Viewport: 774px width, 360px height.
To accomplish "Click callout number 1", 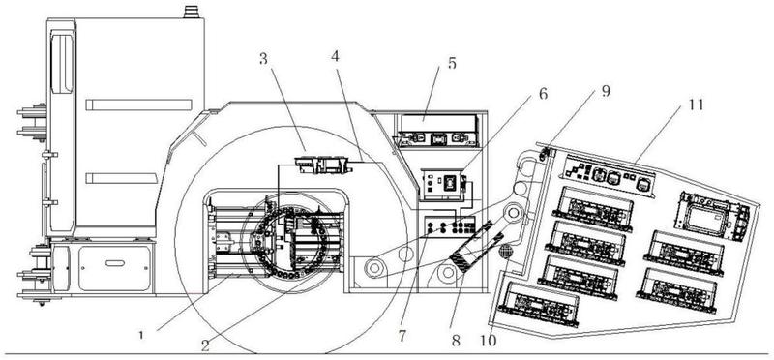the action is [x=141, y=335].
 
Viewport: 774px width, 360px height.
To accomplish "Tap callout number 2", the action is [x=205, y=345].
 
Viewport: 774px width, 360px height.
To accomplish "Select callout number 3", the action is [x=263, y=59].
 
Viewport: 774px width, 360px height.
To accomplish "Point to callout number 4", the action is [x=335, y=56].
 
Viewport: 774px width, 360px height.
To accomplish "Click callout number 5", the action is [x=452, y=64].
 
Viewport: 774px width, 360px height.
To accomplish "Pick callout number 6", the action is [x=543, y=93].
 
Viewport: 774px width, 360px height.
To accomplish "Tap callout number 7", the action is [x=402, y=337].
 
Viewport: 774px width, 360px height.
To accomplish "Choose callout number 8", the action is [x=456, y=341].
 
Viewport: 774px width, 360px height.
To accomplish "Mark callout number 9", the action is [x=607, y=91].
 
